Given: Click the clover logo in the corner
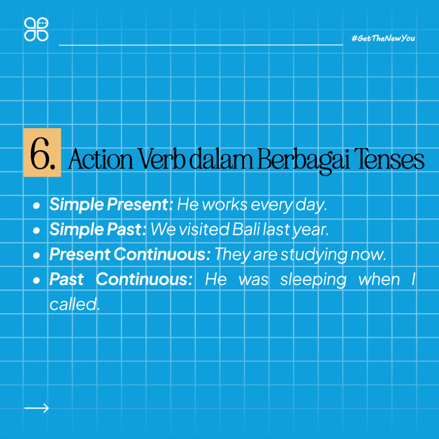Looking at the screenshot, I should [36, 29].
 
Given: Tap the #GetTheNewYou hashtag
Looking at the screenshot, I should [383, 39].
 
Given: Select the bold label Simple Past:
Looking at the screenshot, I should [98, 230].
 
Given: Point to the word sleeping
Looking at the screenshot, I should [313, 280].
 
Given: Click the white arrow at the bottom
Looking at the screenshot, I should [37, 408].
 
